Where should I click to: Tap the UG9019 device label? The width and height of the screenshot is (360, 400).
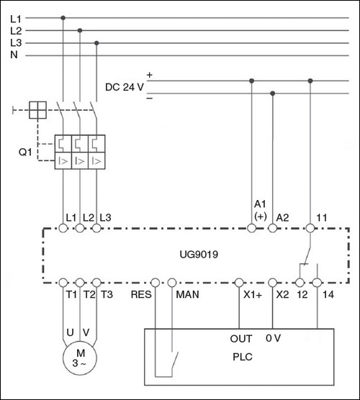[x=199, y=255]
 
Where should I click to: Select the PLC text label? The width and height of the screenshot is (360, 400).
[x=243, y=357]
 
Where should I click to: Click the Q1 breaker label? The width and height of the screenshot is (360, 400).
[x=25, y=152]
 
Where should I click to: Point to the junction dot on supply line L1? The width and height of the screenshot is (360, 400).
[x=63, y=18]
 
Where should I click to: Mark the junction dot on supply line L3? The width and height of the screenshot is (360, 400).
[x=96, y=43]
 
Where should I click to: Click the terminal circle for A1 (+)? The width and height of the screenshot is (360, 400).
[x=251, y=228]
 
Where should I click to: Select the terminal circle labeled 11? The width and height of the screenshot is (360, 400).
[x=310, y=228]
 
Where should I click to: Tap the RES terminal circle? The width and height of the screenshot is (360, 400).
[x=156, y=283]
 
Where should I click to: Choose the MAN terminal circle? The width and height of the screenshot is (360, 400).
[x=172, y=283]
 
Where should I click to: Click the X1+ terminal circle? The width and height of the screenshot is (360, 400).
[x=239, y=283]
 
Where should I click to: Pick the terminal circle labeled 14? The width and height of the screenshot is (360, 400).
[x=317, y=283]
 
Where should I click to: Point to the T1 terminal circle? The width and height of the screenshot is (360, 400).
[x=63, y=283]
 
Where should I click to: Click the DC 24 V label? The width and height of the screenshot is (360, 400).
[x=125, y=87]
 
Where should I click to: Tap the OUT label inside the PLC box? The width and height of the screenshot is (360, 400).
[x=241, y=339]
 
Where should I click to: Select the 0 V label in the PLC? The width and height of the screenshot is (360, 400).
[x=273, y=338]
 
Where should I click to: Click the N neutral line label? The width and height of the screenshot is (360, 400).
[x=14, y=55]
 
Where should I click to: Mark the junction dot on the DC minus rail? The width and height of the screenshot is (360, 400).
[x=272, y=94]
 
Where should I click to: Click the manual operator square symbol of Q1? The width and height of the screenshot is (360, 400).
[x=37, y=110]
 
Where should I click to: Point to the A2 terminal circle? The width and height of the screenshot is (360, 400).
[x=272, y=228]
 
